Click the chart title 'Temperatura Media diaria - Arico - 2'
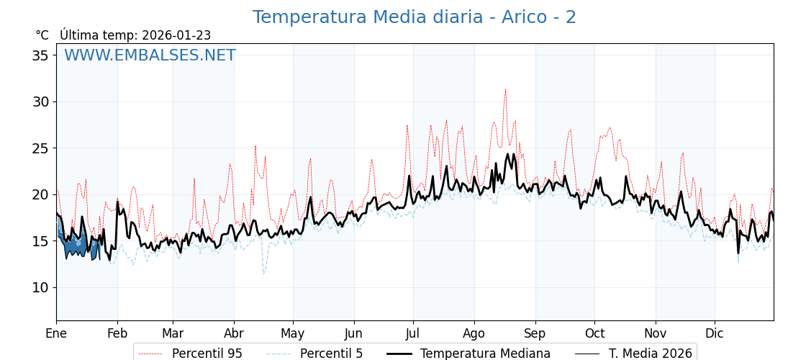(414, 17)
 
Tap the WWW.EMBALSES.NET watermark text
(150, 55)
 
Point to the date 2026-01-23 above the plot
(176, 35)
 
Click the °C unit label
(42, 35)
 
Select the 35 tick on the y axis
(41, 55)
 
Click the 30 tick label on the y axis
(41, 102)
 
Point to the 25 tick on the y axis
(41, 148)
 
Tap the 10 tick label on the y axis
(41, 287)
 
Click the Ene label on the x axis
(56, 334)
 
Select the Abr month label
(234, 334)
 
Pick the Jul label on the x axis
(413, 334)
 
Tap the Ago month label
(474, 334)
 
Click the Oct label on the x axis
(594, 334)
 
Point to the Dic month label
(715, 334)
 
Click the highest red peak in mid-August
(505, 90)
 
